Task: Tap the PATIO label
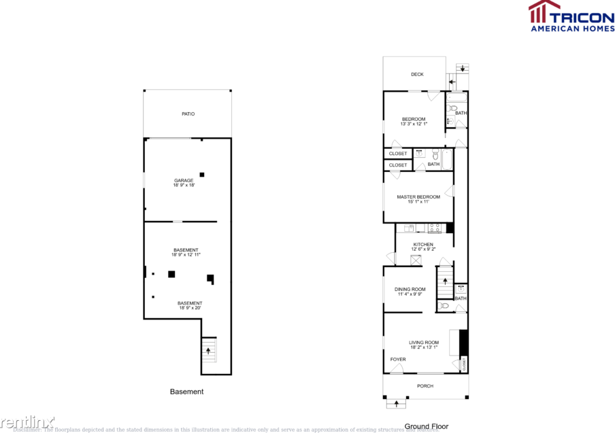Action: click(188, 114)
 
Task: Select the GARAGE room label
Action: click(184, 180)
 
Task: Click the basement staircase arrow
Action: click(208, 351)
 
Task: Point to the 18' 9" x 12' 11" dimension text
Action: click(186, 255)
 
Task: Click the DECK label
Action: click(417, 74)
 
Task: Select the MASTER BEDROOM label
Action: click(418, 197)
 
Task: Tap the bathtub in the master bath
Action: click(446, 160)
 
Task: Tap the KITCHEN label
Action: click(423, 245)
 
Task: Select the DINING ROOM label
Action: click(410, 290)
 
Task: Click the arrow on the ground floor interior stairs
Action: click(446, 281)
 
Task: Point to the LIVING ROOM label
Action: click(423, 343)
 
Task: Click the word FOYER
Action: click(398, 360)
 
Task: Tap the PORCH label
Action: click(425, 386)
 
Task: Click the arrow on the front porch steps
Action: click(397, 404)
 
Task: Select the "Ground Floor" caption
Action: click(427, 427)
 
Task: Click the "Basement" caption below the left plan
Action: click(186, 392)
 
